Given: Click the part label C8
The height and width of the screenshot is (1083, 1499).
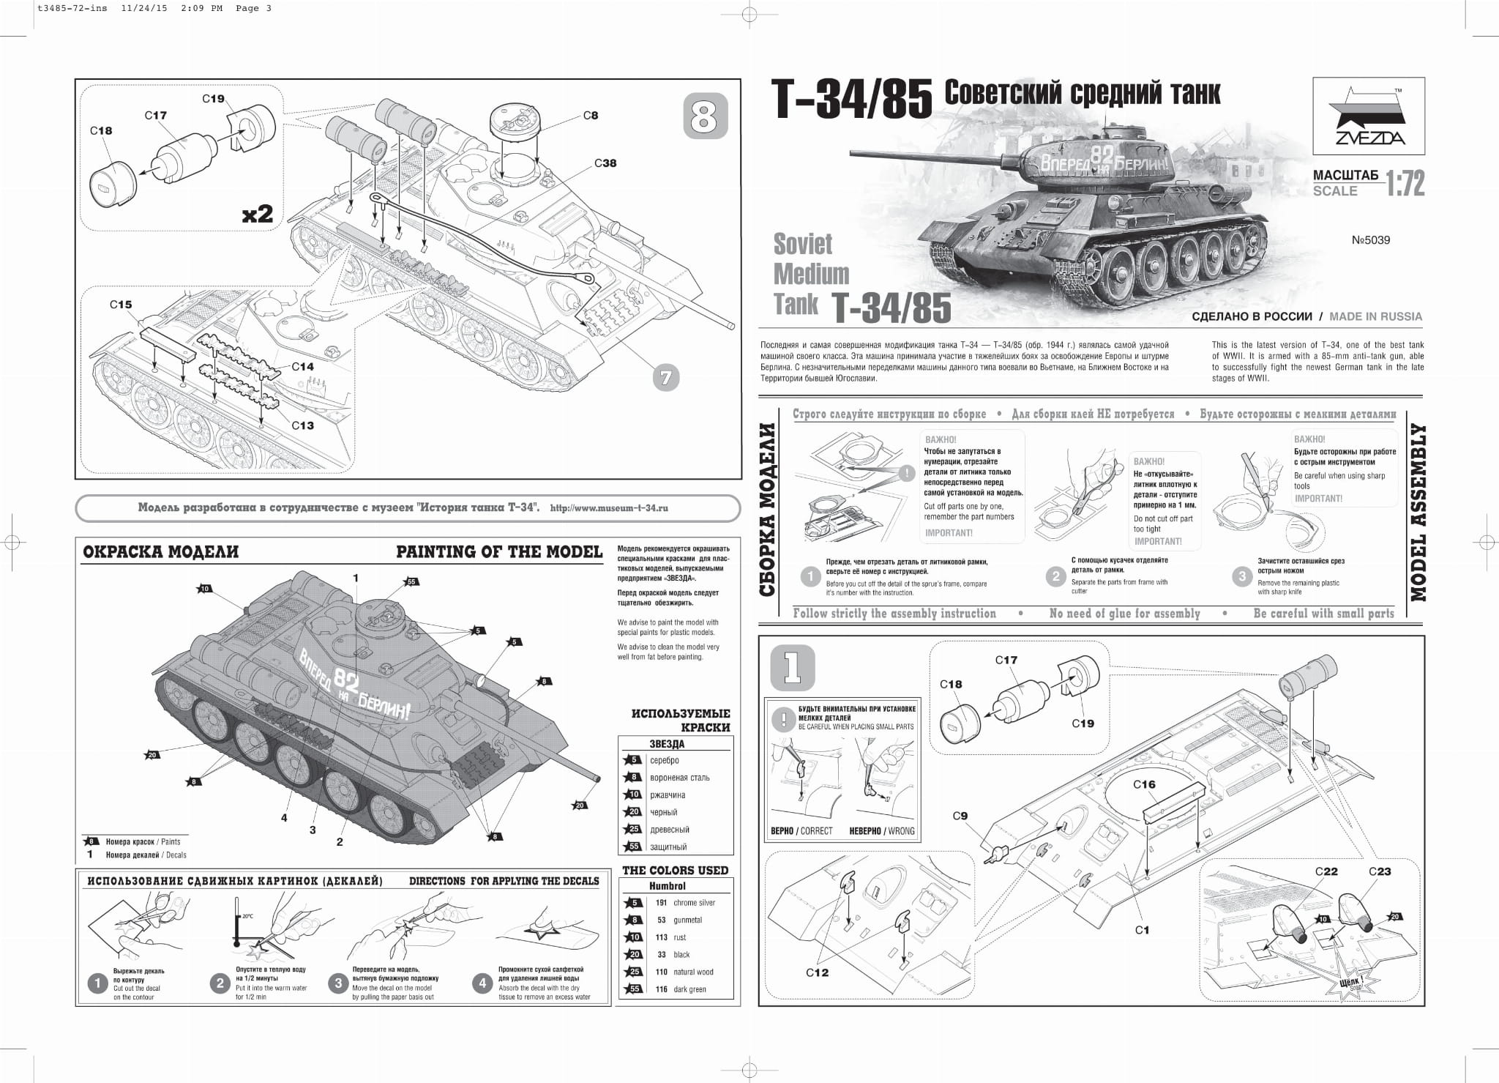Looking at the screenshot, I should click(x=591, y=115).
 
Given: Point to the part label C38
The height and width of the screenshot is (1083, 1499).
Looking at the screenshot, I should click(x=605, y=163).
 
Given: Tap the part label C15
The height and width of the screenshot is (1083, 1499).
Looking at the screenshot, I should click(x=121, y=305).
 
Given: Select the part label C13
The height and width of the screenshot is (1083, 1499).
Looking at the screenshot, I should click(x=302, y=425).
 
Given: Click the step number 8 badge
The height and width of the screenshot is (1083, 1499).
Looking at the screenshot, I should click(x=705, y=116).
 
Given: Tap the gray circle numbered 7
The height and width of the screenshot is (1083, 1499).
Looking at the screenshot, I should click(x=665, y=378).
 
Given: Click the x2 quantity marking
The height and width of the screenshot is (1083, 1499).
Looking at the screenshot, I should click(x=258, y=214).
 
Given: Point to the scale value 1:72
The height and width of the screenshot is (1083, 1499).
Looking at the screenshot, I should click(x=1405, y=185).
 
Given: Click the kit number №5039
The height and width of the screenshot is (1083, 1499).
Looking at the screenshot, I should click(x=1370, y=240).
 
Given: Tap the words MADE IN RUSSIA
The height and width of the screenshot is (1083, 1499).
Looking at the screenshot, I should click(x=1375, y=316).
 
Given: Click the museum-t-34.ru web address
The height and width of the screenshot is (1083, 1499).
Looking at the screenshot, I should click(x=608, y=508).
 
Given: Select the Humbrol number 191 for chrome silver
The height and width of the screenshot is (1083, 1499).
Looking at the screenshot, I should click(x=661, y=903).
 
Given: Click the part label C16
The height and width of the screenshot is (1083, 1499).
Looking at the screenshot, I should click(x=1144, y=784).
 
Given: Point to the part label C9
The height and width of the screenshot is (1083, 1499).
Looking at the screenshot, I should click(x=960, y=816).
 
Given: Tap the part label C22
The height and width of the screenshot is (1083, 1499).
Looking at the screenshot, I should click(x=1326, y=871).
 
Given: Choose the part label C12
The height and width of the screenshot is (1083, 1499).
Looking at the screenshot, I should click(x=817, y=972).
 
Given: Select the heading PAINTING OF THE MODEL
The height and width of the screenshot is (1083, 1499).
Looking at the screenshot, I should click(x=499, y=552).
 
